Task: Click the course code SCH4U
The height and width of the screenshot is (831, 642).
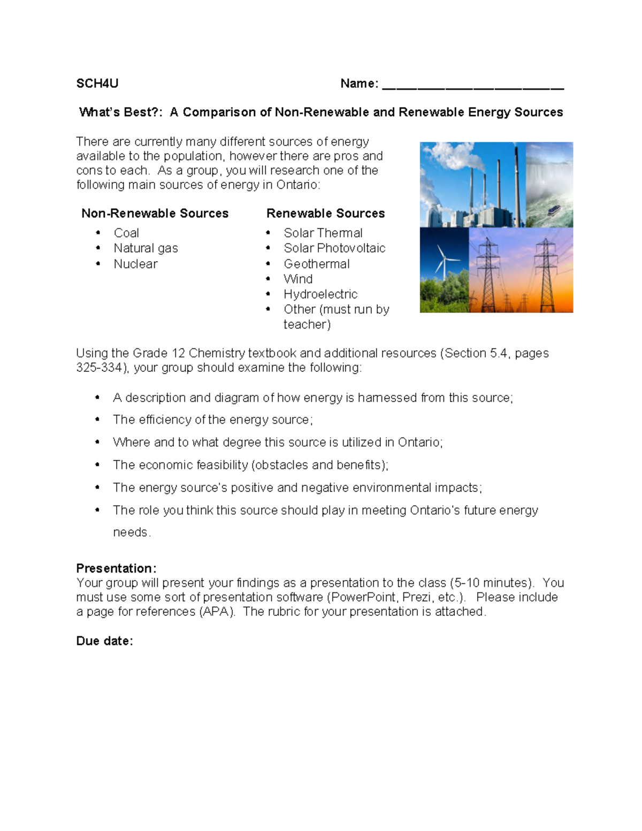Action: click(x=97, y=83)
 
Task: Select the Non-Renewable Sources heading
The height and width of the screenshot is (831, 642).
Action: click(x=155, y=214)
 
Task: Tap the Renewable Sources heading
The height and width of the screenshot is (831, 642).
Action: click(x=325, y=214)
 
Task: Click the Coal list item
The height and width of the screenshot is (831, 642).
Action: click(x=126, y=233)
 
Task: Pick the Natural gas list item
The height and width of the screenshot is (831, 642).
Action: click(x=146, y=248)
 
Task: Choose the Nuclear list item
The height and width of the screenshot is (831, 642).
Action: click(x=135, y=264)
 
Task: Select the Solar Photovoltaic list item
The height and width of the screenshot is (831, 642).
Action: click(x=334, y=248)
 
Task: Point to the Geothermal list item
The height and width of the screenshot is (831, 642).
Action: click(x=316, y=264)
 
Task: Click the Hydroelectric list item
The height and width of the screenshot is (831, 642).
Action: click(x=320, y=294)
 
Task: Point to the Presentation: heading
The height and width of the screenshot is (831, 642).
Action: click(x=116, y=568)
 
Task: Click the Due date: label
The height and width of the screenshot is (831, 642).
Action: click(x=104, y=641)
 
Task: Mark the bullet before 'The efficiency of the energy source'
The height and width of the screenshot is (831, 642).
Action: click(x=97, y=420)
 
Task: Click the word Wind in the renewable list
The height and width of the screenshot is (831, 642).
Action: click(x=298, y=279)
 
